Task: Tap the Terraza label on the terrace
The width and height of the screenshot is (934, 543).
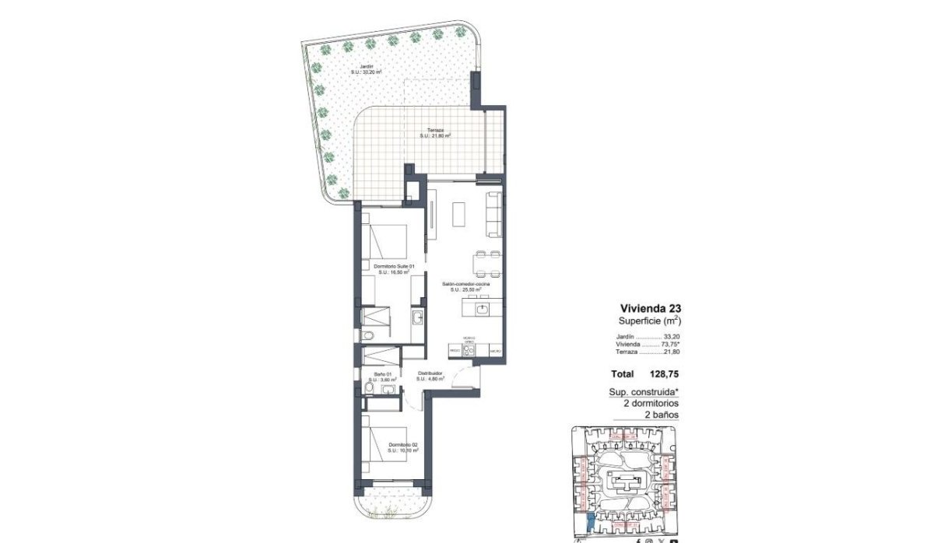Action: (x=435, y=131)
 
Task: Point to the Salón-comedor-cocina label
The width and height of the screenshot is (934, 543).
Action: (x=466, y=286)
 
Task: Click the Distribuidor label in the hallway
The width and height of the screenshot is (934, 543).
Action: (x=430, y=374)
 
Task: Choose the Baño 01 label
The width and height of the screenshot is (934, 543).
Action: (x=383, y=374)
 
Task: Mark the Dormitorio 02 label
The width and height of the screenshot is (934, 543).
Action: (x=403, y=445)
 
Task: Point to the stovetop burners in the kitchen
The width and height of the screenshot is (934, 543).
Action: (x=469, y=350)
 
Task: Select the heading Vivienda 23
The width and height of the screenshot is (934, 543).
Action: (x=651, y=307)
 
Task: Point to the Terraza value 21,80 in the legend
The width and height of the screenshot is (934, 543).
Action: (x=669, y=352)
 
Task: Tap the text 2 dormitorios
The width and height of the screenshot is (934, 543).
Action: (x=650, y=404)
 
